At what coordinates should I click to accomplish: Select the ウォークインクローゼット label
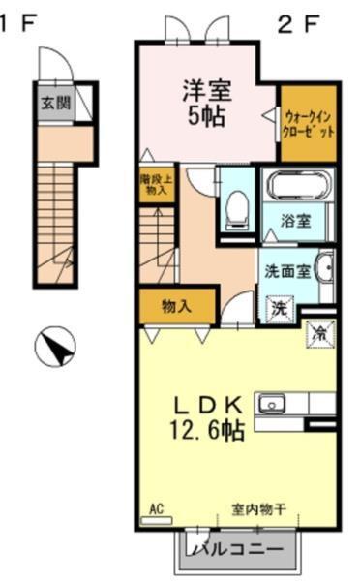309,123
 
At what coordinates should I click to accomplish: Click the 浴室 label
296,221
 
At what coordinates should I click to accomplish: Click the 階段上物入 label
154,184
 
